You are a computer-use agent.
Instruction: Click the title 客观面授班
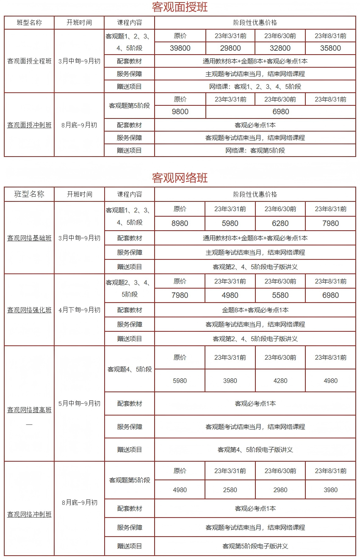coord(180,7)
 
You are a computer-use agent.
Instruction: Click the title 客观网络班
coord(180,177)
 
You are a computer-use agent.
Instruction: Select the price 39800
coord(180,48)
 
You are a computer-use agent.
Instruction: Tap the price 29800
coord(230,48)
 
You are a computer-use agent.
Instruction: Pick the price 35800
coord(330,48)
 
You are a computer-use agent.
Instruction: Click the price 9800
coord(180,112)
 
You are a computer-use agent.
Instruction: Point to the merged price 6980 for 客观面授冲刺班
coord(280,112)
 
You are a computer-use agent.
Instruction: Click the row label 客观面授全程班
coord(29,61)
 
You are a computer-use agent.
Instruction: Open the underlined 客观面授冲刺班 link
coord(29,125)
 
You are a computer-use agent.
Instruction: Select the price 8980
coord(180,223)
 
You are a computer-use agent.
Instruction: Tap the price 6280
coord(280,223)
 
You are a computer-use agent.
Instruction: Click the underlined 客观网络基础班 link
coord(29,238)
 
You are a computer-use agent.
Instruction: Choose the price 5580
coord(280,295)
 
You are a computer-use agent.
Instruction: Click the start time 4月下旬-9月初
coord(79,310)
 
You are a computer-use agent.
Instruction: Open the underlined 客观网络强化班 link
coord(29,310)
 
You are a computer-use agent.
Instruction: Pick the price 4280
coord(280,381)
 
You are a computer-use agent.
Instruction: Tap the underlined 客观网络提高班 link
coord(29,410)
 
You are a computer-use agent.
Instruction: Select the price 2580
coord(230,490)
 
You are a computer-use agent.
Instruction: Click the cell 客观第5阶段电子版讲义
coord(255,546)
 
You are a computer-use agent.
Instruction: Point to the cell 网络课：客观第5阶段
coord(255,150)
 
